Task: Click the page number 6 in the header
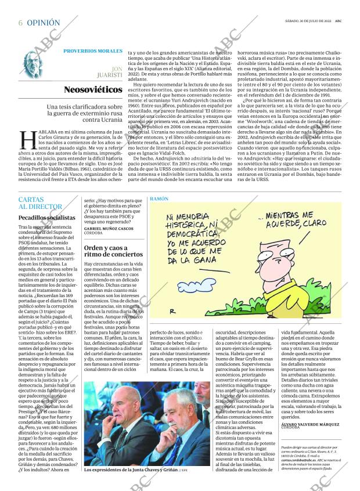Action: point(20,23)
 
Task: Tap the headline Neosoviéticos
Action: point(93,90)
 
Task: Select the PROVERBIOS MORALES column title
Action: point(92,50)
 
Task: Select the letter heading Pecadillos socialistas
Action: point(46,217)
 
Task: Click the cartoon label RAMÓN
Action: point(159,199)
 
